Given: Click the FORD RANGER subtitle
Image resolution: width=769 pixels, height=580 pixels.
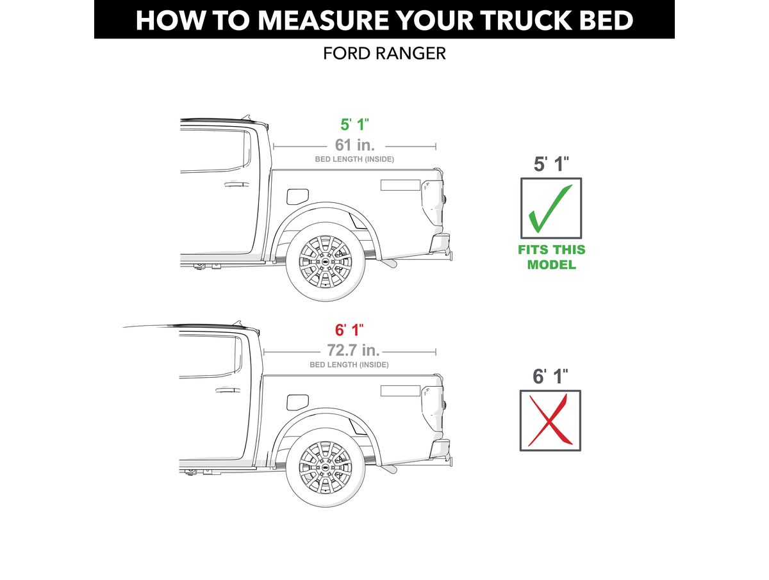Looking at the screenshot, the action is point(384,54).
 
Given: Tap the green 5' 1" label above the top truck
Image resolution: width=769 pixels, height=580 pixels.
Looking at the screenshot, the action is point(354,125).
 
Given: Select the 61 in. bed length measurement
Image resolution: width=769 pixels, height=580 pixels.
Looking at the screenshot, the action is point(354,145).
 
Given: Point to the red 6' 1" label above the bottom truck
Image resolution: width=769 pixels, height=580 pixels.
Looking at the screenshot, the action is point(349,330).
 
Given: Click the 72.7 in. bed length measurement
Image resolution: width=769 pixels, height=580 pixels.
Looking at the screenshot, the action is point(353,350).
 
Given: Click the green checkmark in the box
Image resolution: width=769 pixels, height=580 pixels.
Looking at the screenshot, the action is point(549,209).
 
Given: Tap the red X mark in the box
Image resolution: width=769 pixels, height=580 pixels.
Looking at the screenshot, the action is point(550,420).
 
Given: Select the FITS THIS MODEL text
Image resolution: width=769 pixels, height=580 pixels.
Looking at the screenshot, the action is point(552,257).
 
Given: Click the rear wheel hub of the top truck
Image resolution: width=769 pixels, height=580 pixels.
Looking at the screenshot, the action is point(325,262).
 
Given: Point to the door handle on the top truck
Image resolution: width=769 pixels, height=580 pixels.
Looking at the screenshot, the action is point(236,184).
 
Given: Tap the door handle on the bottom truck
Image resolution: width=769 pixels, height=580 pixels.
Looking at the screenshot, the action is point(227,390).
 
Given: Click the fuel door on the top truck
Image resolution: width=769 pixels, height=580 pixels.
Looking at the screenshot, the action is point(297,197).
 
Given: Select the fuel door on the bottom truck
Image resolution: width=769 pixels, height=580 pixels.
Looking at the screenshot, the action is point(297,402).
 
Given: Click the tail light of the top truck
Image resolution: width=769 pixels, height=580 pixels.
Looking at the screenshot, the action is point(433,203).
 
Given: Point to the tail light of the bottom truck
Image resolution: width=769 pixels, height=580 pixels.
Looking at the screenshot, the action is point(433,408).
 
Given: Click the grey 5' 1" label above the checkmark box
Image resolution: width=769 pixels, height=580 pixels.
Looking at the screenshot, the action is point(551,164).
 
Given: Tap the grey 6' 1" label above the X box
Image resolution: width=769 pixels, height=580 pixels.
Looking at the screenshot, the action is point(550,376).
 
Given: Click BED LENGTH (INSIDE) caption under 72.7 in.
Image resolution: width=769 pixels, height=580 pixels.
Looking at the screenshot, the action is point(349,365).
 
